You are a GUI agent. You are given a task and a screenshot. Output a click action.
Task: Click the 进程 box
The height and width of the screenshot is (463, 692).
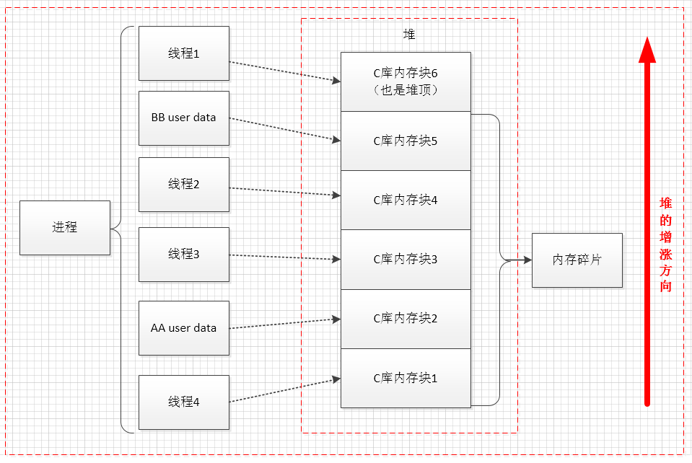pos(65,227)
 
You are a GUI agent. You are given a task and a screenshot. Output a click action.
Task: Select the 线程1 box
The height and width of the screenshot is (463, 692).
pos(183,53)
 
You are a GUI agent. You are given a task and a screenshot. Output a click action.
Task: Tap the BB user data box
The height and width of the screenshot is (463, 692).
pos(183,118)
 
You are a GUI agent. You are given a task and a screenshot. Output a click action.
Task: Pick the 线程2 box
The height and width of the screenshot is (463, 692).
pos(183,185)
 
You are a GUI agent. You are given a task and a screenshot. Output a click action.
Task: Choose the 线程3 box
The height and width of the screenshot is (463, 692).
pos(183,254)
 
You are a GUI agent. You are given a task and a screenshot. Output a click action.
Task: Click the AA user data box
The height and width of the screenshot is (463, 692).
pos(183,328)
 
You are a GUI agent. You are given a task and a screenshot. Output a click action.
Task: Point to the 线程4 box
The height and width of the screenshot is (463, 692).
pos(183,402)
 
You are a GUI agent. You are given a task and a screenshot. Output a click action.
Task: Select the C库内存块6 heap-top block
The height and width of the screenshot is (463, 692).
pos(406,81)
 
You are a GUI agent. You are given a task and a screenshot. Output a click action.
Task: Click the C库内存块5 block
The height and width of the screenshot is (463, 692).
pos(406,141)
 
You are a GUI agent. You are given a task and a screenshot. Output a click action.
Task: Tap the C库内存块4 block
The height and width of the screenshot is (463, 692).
pos(406,200)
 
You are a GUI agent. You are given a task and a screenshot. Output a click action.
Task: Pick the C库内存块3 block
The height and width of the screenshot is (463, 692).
pos(406,260)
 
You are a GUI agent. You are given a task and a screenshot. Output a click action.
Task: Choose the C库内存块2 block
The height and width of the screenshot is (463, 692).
pos(406,319)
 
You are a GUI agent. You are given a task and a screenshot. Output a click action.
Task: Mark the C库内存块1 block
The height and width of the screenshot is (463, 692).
pos(406,378)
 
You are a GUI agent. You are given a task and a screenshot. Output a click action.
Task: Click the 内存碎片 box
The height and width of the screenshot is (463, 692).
pos(577,260)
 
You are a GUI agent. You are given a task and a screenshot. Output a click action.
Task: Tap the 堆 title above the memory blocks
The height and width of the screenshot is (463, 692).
pos(409,34)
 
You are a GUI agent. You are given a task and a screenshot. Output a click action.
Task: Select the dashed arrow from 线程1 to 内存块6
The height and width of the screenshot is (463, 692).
pos(284,72)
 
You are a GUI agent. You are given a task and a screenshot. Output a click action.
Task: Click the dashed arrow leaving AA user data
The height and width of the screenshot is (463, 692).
pos(284,323)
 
